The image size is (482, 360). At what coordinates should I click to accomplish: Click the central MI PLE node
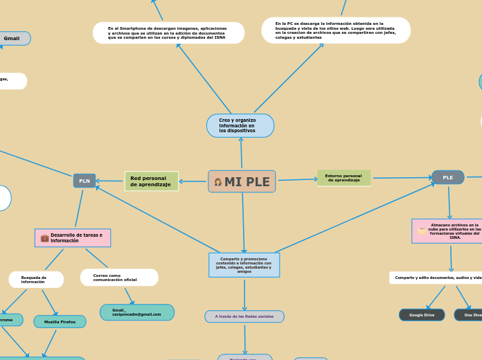(242, 181)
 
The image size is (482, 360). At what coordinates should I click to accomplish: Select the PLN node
(84, 181)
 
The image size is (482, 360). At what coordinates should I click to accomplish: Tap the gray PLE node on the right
(447, 177)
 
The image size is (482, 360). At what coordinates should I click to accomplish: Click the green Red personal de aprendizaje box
(151, 181)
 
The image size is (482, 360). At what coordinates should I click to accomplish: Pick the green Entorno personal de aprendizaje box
(343, 178)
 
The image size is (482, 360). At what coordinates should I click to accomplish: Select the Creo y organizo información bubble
(240, 125)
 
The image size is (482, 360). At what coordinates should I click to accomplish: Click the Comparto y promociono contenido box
(244, 265)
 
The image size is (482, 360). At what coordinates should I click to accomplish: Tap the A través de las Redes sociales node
(244, 316)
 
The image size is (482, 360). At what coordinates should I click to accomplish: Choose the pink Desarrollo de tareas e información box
(73, 237)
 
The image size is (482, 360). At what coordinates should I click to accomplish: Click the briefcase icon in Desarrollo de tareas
(44, 238)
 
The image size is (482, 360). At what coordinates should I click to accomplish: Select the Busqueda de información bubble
(36, 280)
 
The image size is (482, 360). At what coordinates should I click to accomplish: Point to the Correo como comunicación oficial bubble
(119, 278)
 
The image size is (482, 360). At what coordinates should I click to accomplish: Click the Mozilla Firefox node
(60, 322)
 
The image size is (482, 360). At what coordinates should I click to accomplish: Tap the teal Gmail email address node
(136, 312)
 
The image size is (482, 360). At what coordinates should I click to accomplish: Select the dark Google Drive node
(422, 315)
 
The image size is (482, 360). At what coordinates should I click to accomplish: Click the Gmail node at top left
(12, 39)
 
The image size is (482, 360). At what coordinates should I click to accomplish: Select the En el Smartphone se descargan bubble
(168, 33)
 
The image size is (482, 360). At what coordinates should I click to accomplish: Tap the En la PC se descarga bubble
(336, 30)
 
